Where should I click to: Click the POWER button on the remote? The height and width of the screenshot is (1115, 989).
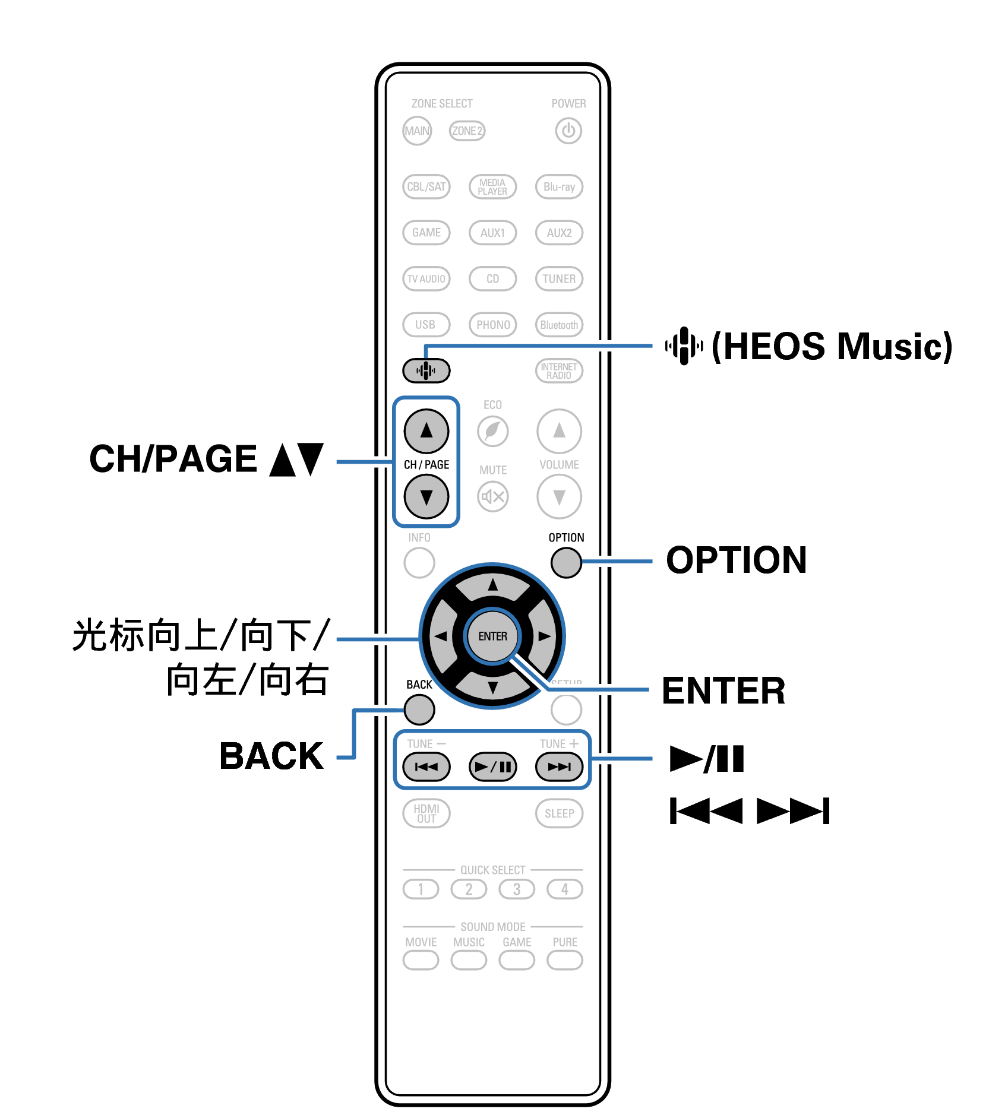coord(568,131)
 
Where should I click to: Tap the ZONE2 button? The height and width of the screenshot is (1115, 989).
coord(467,131)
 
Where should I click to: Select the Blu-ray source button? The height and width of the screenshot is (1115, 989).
coord(559,186)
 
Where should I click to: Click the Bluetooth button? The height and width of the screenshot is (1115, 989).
coord(559,325)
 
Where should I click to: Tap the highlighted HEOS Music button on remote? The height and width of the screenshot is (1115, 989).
coord(426,370)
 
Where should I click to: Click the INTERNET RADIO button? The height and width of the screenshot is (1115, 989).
coord(559,370)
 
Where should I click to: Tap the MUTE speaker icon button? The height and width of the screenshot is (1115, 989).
coord(492,496)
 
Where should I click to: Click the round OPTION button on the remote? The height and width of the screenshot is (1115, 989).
coord(565,562)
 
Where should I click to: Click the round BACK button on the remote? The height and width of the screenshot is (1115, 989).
coord(419,709)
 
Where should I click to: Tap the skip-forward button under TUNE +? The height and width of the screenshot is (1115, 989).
coord(559,766)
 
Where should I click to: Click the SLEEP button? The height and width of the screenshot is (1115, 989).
coord(559,813)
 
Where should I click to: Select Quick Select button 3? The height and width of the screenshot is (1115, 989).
coord(516,889)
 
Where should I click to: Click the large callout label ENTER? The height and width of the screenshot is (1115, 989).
coord(723,690)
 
